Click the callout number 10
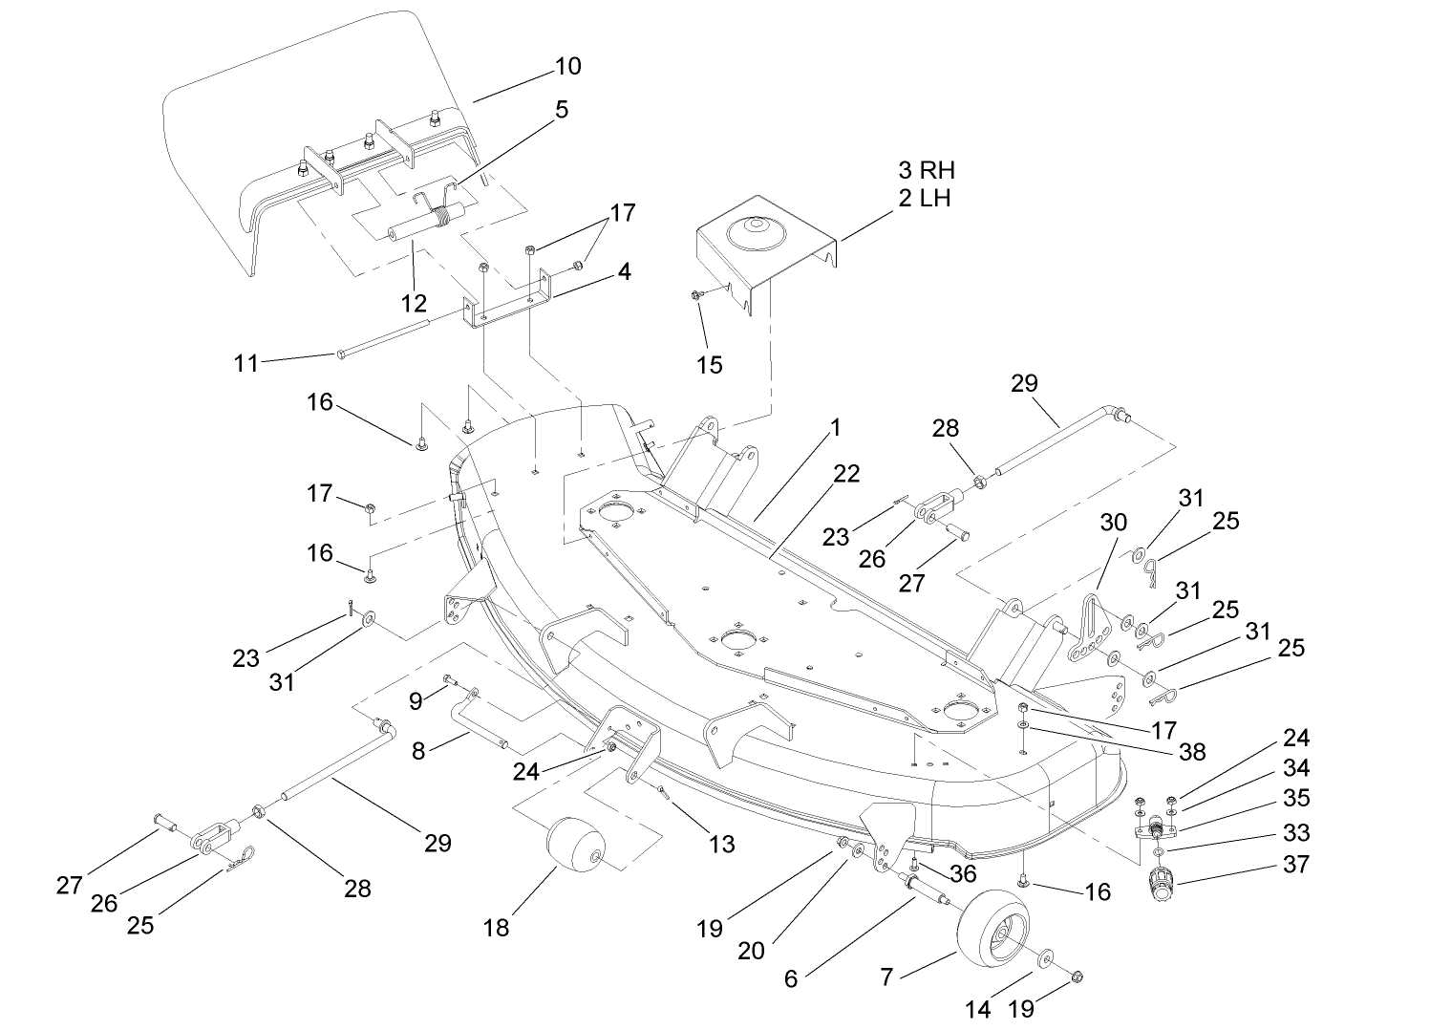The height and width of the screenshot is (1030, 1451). click(567, 66)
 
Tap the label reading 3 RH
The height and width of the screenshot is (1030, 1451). click(926, 171)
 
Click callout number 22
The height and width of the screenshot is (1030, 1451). click(845, 474)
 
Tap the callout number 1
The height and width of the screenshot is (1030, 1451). click(836, 427)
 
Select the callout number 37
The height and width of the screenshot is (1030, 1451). click(1296, 864)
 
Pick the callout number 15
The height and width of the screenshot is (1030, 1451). click(710, 365)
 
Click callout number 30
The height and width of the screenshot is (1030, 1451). click(1114, 523)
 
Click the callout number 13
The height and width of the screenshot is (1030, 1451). click(722, 843)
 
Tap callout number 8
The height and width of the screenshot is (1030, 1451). click(418, 751)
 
